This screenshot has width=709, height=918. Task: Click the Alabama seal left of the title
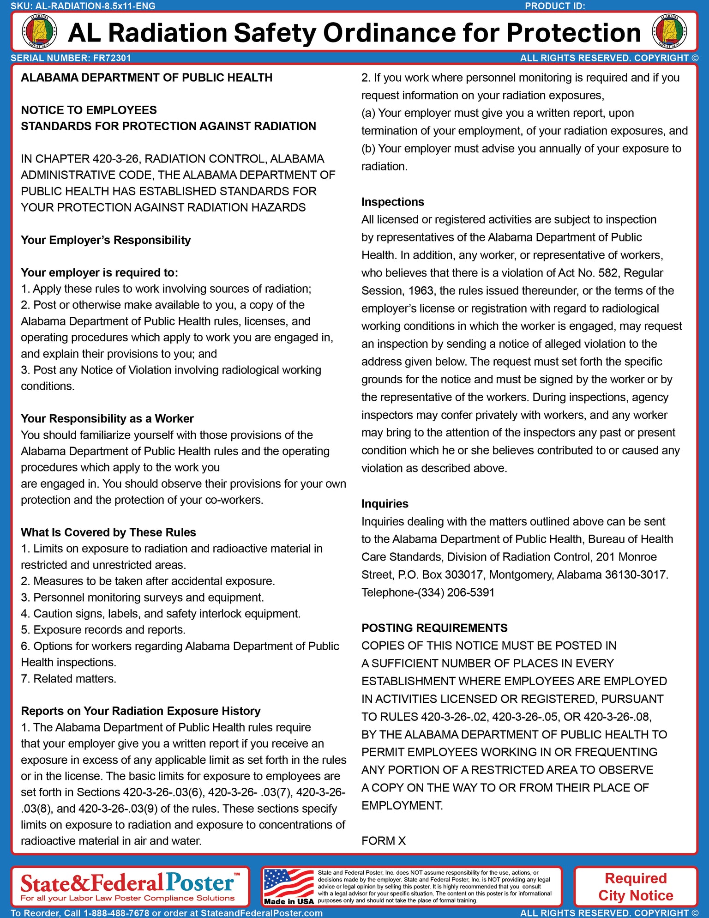pos(40,31)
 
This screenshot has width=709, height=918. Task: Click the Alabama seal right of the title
pos(669,31)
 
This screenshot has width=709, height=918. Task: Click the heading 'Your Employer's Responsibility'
pos(106,240)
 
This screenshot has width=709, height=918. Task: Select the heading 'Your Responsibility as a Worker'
pos(107,418)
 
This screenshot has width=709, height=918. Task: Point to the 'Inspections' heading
pos(392,202)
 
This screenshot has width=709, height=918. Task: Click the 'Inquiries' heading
pos(385,504)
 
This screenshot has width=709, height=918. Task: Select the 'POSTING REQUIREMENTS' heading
pos(434,628)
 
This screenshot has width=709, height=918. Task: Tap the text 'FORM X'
pos(383,841)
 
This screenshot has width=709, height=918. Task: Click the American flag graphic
pos(288,883)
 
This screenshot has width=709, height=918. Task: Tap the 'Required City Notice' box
pos(635,887)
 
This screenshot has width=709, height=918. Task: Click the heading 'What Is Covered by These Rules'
pos(108,532)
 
